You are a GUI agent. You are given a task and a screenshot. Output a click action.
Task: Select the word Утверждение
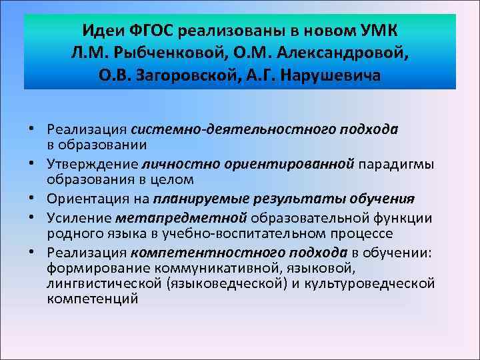coord(92,164)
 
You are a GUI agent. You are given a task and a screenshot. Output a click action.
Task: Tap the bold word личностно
coord(172,164)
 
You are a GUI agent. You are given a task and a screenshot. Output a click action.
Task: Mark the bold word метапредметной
coord(181,217)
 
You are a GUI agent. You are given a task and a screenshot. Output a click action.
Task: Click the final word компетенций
coord(93,299)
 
